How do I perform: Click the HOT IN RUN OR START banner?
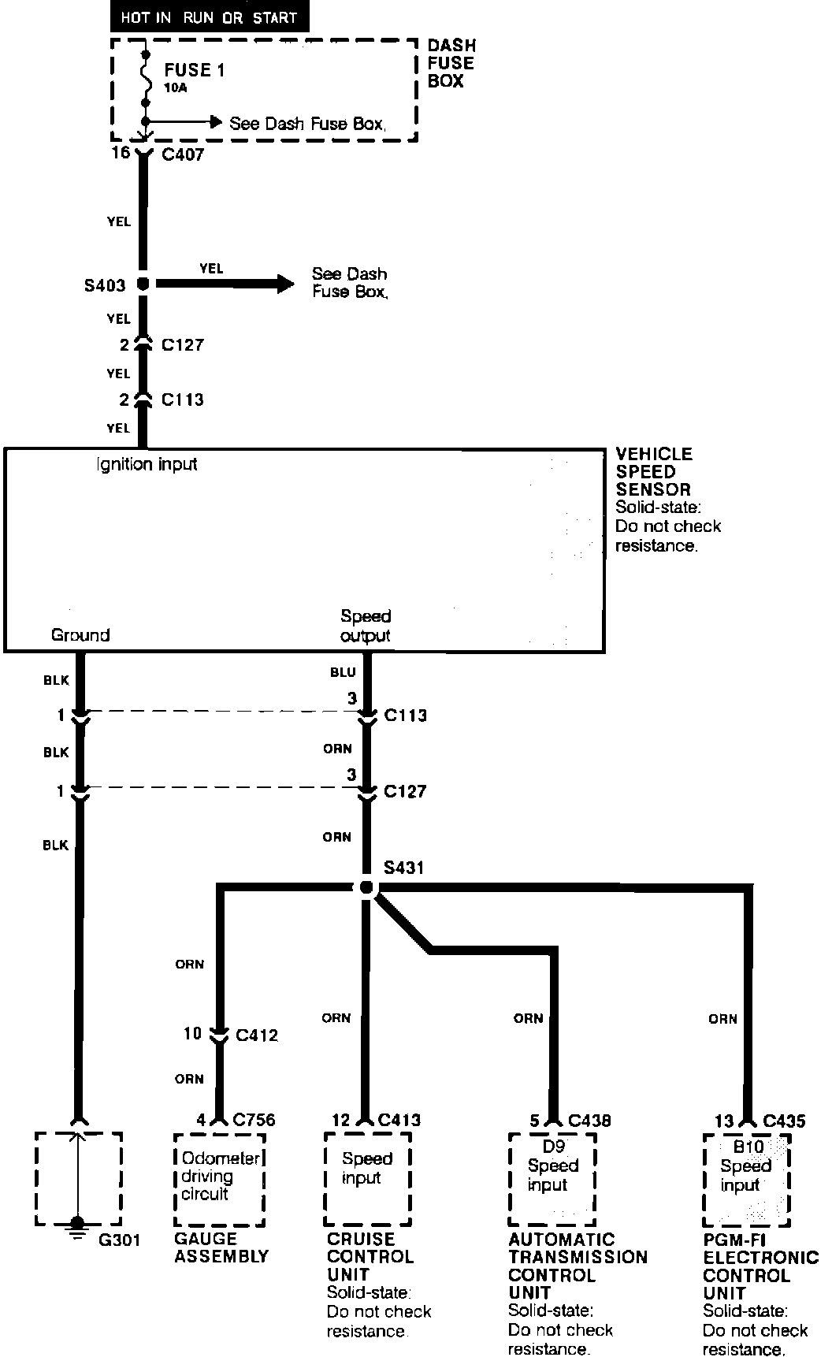pos(209,17)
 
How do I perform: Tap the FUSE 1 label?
pos(194,70)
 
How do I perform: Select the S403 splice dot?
pos(143,284)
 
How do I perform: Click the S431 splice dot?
pos(366,887)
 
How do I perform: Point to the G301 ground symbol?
pos(77,1222)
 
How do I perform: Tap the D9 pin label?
pos(554,1147)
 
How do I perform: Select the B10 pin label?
pos(747,1147)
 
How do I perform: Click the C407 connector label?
pos(183,154)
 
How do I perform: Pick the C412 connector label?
pos(257,1035)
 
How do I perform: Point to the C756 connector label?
pos(254,1120)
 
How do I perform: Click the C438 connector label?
pos(589,1120)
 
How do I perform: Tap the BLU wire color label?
pos(343,672)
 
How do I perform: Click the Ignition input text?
pos(147,464)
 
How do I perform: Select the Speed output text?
pos(366,626)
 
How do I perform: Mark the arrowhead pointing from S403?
pos(281,284)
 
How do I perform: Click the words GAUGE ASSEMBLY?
pos(221,1247)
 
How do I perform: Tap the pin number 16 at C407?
pos(120,153)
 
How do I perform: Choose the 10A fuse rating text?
pos(176,88)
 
